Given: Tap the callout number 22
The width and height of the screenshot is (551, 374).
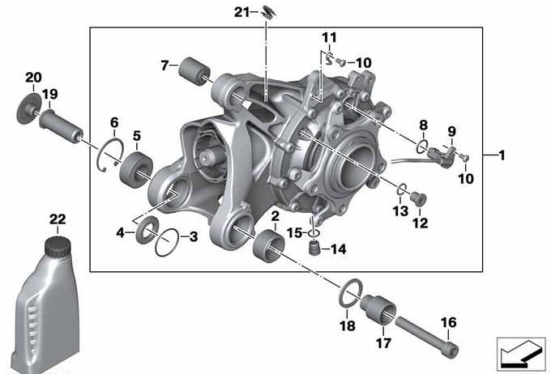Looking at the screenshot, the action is pos(58,219).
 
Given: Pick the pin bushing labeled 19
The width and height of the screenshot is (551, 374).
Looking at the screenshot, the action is pos(61,125).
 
